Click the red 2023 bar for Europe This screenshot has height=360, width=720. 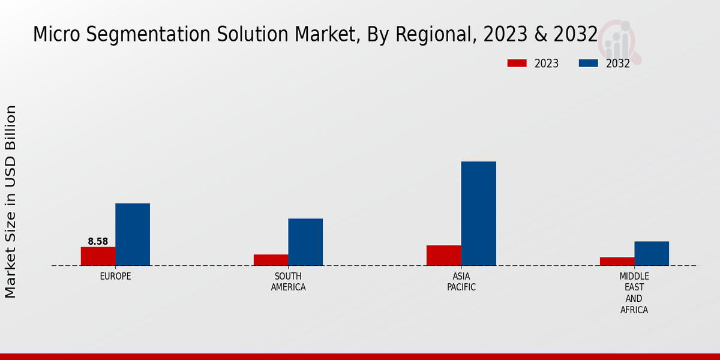[x=98, y=256]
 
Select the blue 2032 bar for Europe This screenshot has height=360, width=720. [x=133, y=235]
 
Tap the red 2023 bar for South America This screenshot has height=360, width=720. [x=271, y=260]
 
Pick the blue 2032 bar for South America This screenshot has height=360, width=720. [x=305, y=242]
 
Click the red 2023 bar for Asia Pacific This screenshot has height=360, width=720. [x=444, y=255]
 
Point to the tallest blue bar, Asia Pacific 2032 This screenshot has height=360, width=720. [x=479, y=214]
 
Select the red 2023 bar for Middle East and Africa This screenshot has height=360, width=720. [x=617, y=262]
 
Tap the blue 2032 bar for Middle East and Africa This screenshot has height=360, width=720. [x=652, y=253]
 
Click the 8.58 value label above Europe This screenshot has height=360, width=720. [x=98, y=242]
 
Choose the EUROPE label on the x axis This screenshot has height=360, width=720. [x=115, y=277]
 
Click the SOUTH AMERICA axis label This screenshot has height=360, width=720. [x=288, y=282]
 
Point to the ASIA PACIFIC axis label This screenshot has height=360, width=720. [x=461, y=282]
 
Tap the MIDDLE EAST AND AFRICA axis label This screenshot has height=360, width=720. [x=634, y=293]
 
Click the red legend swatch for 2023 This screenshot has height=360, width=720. [x=517, y=63]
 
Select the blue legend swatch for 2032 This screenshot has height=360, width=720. [x=588, y=63]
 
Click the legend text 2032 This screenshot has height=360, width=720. [x=618, y=64]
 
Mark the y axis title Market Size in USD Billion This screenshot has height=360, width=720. [x=11, y=201]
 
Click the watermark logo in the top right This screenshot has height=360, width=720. [x=620, y=41]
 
